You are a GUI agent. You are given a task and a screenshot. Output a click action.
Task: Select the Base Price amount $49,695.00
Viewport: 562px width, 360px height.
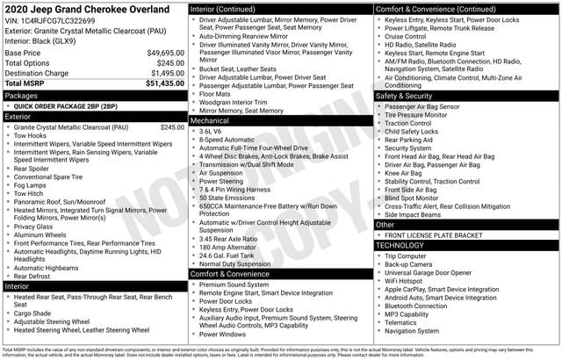pyautogui.click(x=165, y=53)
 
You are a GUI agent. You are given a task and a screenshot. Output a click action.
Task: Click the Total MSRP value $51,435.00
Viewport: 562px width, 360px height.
pyautogui.click(x=164, y=83)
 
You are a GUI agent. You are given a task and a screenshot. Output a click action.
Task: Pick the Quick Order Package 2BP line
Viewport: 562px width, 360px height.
pyautogui.click(x=65, y=105)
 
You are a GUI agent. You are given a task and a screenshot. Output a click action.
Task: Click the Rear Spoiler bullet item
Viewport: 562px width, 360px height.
pyautogui.click(x=34, y=169)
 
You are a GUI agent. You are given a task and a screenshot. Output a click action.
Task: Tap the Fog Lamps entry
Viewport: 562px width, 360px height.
pyautogui.click(x=32, y=185)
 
